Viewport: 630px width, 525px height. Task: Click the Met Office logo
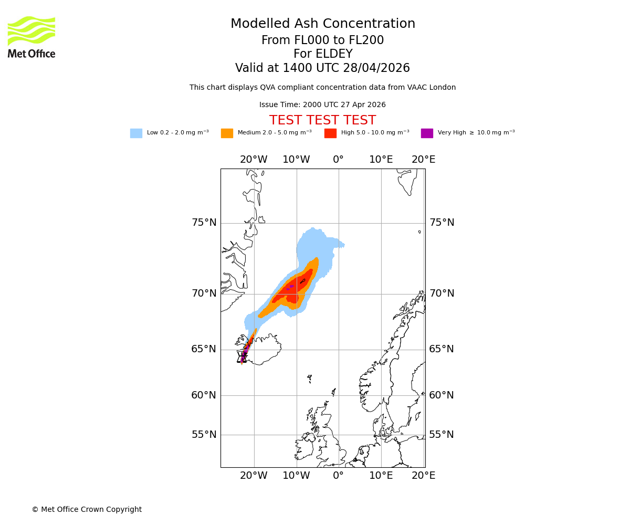click(x=31, y=37)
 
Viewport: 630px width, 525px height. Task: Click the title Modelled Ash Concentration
click(x=322, y=24)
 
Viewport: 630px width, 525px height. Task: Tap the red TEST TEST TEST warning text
click(x=322, y=121)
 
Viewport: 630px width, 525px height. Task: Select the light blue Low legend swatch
click(x=136, y=133)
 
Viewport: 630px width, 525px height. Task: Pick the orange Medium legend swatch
click(x=227, y=133)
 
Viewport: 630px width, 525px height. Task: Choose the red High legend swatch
click(x=330, y=133)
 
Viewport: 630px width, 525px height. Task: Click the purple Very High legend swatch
click(x=427, y=133)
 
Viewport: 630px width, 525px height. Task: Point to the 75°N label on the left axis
click(x=204, y=223)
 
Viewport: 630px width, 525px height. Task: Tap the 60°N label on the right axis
click(x=442, y=395)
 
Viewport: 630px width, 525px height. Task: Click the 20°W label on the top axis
click(x=254, y=160)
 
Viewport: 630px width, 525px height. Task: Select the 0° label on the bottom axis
click(x=339, y=476)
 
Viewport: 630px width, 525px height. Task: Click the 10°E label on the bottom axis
click(x=381, y=476)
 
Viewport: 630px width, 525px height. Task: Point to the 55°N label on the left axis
click(x=204, y=435)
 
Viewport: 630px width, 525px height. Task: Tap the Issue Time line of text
click(x=322, y=105)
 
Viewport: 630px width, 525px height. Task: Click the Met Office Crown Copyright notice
click(x=87, y=510)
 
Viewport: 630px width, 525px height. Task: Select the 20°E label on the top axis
click(x=423, y=160)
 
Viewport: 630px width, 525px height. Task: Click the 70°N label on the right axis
click(x=442, y=293)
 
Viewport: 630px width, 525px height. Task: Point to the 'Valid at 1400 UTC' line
click(x=322, y=68)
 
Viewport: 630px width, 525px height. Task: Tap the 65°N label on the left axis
click(x=204, y=349)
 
